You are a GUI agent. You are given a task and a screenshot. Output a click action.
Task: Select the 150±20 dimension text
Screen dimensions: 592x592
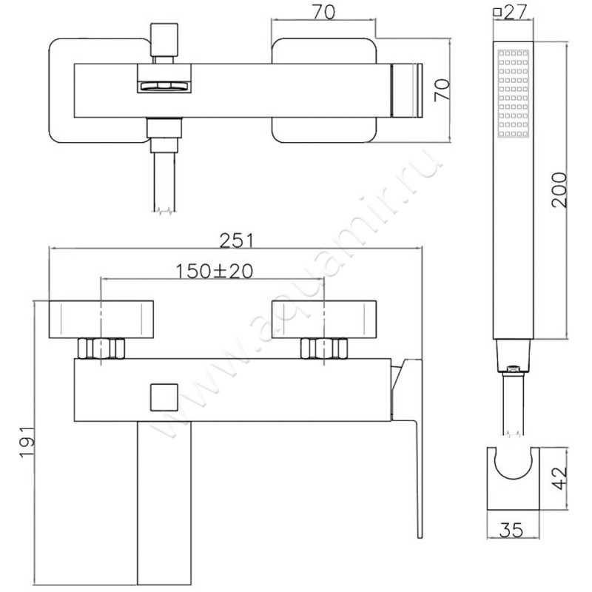coord(214,271)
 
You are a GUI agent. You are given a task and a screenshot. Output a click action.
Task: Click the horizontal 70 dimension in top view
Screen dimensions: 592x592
coord(323,11)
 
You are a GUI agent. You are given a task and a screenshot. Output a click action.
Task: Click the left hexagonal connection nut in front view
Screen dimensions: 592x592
coord(101,349)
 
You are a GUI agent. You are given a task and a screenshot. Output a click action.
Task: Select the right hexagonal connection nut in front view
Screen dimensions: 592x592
coord(324,349)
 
